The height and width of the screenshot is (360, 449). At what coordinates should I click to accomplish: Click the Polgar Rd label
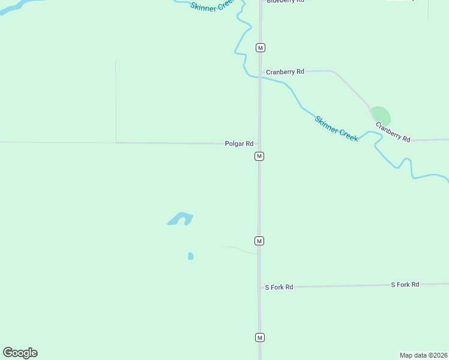click(x=239, y=144)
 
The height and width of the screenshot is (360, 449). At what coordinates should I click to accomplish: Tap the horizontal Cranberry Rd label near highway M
click(x=285, y=71)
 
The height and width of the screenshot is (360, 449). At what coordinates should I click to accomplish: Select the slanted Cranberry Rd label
click(x=393, y=132)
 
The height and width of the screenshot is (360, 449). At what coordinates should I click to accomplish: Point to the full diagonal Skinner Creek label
click(x=336, y=128)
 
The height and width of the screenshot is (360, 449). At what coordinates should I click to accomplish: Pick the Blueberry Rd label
click(x=286, y=1)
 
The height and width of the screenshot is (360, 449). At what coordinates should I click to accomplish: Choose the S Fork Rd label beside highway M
click(x=279, y=287)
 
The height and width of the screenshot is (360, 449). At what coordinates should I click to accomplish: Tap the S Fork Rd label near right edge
click(x=405, y=284)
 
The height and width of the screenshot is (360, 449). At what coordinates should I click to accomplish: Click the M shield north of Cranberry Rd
click(x=260, y=47)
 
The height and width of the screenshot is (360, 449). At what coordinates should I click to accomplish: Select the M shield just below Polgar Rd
click(x=259, y=156)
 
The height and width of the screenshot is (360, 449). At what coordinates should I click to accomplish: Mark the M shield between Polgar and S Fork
click(x=259, y=241)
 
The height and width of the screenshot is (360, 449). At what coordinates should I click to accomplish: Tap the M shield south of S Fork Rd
click(x=259, y=337)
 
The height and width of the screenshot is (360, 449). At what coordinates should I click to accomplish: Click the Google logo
click(x=20, y=353)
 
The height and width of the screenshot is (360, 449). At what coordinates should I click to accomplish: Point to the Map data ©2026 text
click(x=423, y=355)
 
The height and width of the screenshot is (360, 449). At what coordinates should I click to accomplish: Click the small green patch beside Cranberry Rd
click(x=381, y=116)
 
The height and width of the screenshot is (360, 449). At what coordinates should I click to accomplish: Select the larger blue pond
click(x=179, y=218)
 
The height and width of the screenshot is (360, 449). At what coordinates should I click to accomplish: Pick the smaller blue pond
click(x=190, y=256)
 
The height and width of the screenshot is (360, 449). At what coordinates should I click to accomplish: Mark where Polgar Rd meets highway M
click(x=259, y=143)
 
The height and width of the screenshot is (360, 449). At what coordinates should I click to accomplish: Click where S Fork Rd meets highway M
click(x=259, y=287)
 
